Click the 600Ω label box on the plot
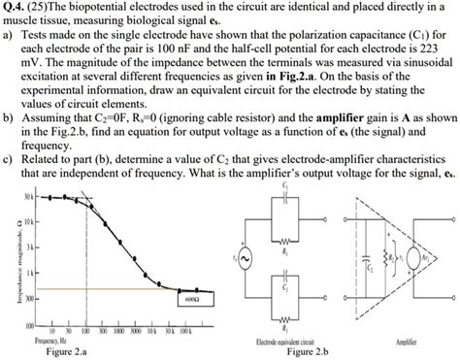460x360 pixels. pos(189,299)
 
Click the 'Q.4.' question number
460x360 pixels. pos(15,7)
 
